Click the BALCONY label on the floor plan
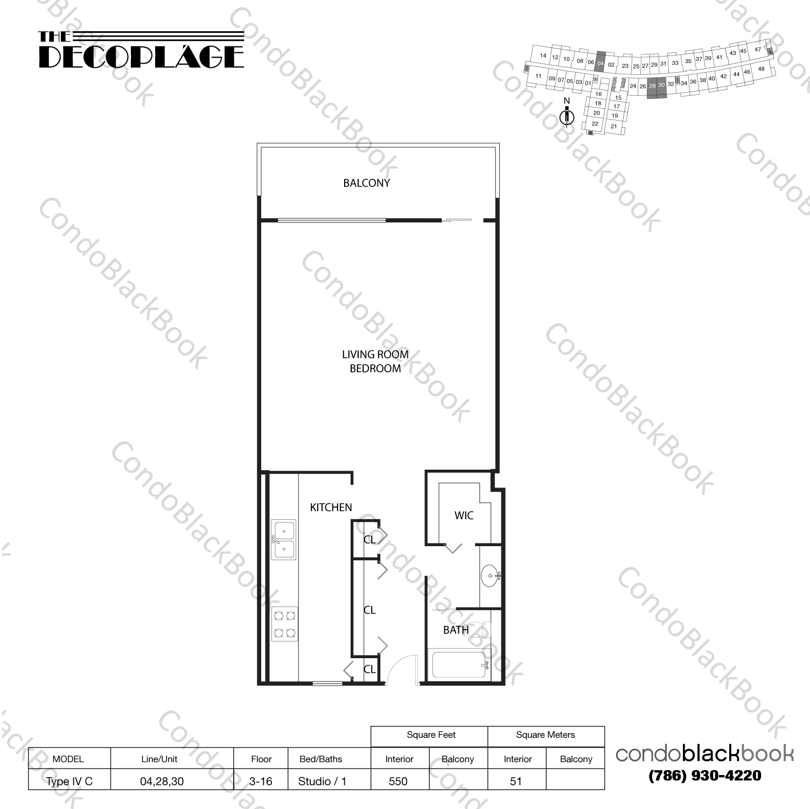point(366,183)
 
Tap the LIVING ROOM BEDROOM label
point(375,361)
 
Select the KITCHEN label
point(331,507)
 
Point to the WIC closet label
point(464,515)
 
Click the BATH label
point(456,630)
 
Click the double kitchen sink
point(283,540)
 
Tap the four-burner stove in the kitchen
point(284,624)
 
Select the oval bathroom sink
point(490,576)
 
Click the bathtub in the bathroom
point(458,665)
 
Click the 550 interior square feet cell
point(399,781)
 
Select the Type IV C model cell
point(69,781)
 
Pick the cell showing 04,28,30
point(162,781)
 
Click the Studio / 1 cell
point(322,781)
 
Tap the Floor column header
point(261,759)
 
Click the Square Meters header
point(545,735)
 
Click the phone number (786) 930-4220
point(704,776)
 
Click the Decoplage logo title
point(141,51)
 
